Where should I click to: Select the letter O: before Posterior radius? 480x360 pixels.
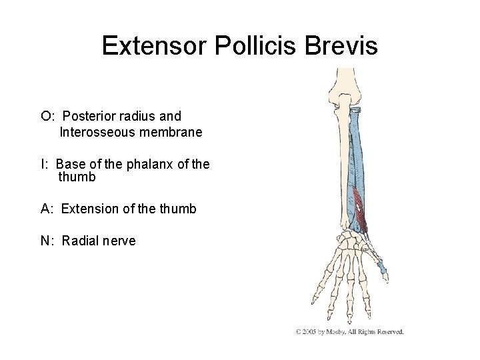pyautogui.click(x=47, y=117)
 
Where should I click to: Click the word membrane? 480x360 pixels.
pyautogui.click(x=169, y=132)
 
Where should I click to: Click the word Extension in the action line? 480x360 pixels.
pyautogui.click(x=91, y=209)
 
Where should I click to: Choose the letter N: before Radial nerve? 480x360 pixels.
pyautogui.click(x=47, y=241)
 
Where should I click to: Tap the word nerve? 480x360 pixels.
pyautogui.click(x=119, y=241)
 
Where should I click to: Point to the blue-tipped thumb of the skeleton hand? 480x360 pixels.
pyautogui.click(x=383, y=270)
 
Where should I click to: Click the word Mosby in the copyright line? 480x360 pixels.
pyautogui.click(x=341, y=331)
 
